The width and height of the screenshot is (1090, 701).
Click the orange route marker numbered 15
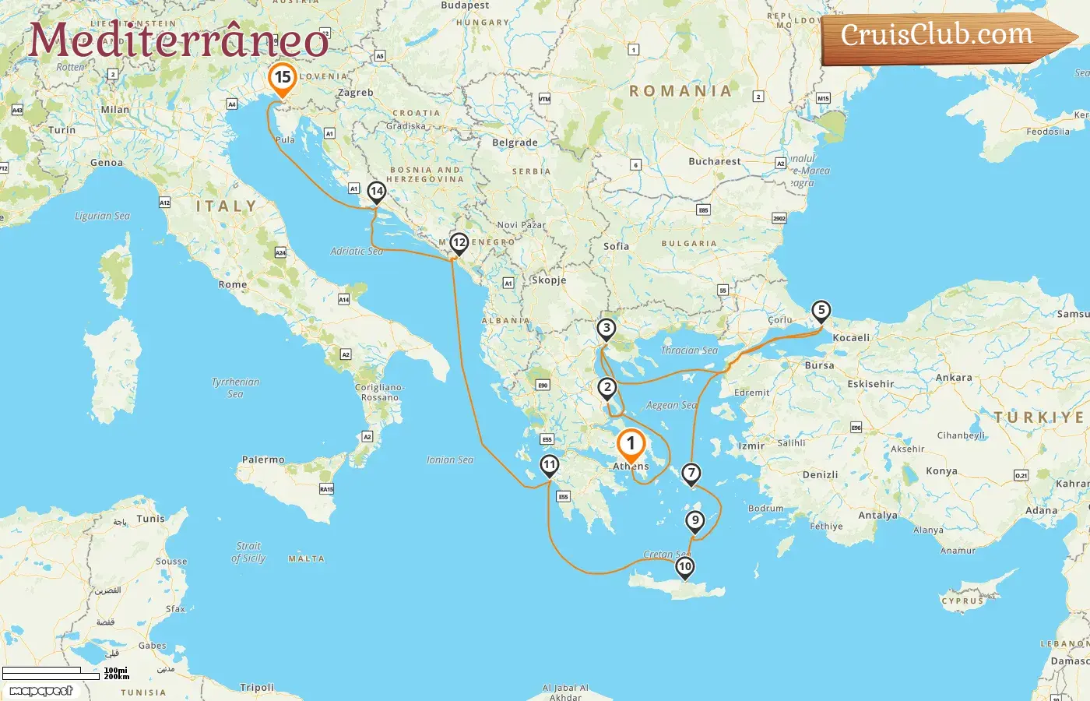pyautogui.click(x=282, y=78)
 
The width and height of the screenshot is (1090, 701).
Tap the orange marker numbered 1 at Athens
pyautogui.click(x=631, y=444)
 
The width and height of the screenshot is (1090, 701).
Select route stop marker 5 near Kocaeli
pyautogui.click(x=821, y=310)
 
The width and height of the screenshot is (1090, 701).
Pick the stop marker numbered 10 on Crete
pyautogui.click(x=684, y=566)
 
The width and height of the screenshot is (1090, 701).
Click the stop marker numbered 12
pyautogui.click(x=459, y=243)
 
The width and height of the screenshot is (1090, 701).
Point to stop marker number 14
pyautogui.click(x=376, y=191)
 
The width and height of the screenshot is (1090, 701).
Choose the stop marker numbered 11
pyautogui.click(x=549, y=465)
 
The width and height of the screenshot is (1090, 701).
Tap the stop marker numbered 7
pyautogui.click(x=691, y=473)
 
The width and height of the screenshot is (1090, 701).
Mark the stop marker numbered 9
pyautogui.click(x=694, y=520)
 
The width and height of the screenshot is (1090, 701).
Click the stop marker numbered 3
pyautogui.click(x=606, y=328)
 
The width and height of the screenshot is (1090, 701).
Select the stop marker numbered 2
pyautogui.click(x=607, y=387)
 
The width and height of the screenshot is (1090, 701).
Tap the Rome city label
pyautogui.click(x=232, y=284)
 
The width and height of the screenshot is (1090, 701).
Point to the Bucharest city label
pyautogui.click(x=714, y=161)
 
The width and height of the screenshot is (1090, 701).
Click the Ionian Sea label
pyautogui.click(x=449, y=460)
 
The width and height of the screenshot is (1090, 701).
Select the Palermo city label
pyautogui.click(x=263, y=460)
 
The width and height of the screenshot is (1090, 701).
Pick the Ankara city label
pyautogui.click(x=953, y=378)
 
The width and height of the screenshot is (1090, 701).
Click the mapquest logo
pyautogui.click(x=41, y=690)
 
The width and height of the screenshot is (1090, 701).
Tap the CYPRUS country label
pyautogui.click(x=962, y=601)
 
